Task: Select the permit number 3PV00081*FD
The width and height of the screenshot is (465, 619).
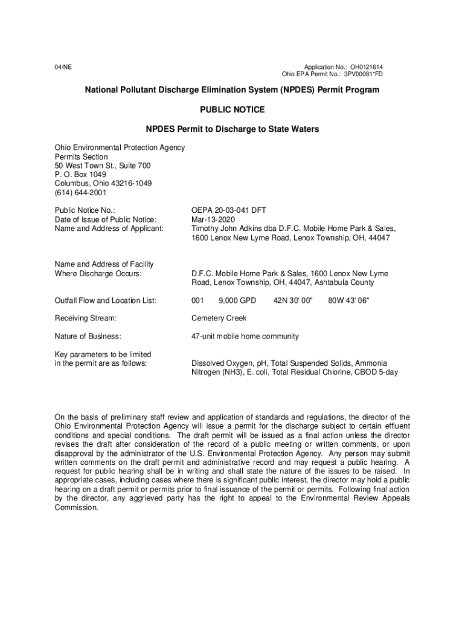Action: pos(363,74)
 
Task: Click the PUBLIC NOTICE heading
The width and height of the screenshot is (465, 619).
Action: pos(232,109)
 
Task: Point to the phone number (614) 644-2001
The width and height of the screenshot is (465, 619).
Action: pos(80,193)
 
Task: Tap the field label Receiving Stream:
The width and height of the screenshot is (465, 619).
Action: pos(85,318)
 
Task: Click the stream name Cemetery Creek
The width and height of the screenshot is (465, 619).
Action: pos(219,318)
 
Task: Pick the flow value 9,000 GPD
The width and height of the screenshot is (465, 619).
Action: pos(237,300)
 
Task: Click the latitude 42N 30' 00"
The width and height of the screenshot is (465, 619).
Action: pos(293,300)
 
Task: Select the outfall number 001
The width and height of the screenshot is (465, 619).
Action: pos(197,300)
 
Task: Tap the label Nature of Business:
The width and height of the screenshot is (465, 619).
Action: pos(88,336)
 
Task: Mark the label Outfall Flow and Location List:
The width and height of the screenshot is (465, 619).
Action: pos(106,300)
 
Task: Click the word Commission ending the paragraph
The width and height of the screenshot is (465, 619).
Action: pos(76,508)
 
